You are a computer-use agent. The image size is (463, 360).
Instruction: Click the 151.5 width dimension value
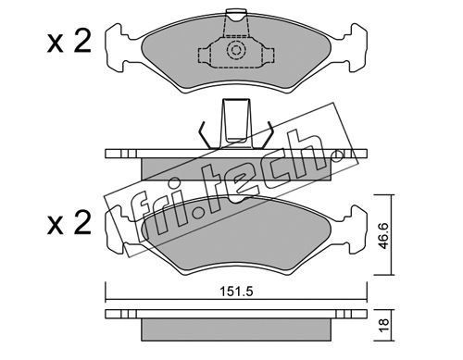[x=236, y=292]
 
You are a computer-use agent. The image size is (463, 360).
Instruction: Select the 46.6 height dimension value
[x=383, y=236]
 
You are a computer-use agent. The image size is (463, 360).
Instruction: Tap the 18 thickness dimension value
[x=383, y=326]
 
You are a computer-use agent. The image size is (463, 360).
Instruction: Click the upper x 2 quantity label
[x=69, y=43]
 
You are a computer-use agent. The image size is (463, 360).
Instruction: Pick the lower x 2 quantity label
[x=69, y=223]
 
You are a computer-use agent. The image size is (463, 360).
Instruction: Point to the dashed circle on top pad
[x=236, y=50]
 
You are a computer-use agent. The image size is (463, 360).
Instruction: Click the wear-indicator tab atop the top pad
[x=237, y=15]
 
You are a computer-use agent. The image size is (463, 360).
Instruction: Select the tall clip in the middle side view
[x=236, y=123]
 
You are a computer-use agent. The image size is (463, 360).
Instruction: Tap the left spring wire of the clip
[x=205, y=135]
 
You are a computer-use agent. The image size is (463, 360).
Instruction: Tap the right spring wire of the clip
[x=268, y=135]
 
